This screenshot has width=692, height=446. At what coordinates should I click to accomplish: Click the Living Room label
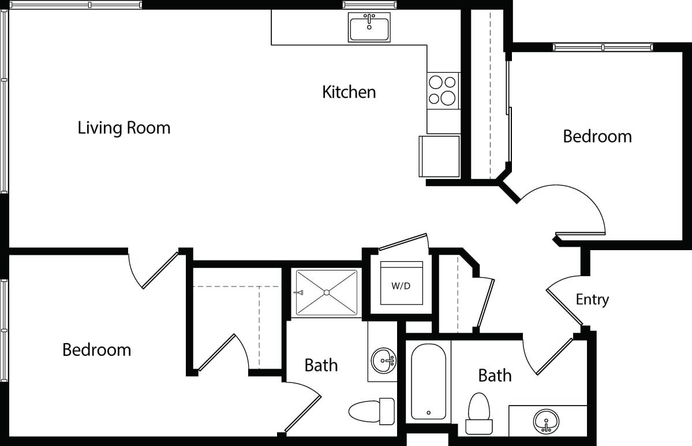pyautogui.click(x=124, y=128)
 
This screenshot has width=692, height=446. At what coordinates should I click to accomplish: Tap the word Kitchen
pyautogui.click(x=349, y=92)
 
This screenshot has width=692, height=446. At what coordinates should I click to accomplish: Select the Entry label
pyautogui.click(x=592, y=300)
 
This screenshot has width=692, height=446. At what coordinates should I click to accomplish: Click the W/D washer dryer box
pyautogui.click(x=401, y=285)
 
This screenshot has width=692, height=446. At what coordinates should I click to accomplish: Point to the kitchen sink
pyautogui.click(x=369, y=27)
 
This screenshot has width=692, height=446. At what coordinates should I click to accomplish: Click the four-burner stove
pyautogui.click(x=443, y=91)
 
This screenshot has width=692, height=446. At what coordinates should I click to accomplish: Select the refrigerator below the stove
pyautogui.click(x=439, y=157)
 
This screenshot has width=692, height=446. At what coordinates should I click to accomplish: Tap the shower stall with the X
pyautogui.click(x=326, y=293)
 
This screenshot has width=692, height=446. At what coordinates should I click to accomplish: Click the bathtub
pyautogui.click(x=428, y=381)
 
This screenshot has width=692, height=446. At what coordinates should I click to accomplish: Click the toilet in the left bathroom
pyautogui.click(x=371, y=411)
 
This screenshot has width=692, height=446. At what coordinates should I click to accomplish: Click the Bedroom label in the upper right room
pyautogui.click(x=597, y=136)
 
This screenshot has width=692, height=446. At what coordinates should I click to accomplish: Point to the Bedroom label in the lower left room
pyautogui.click(x=96, y=350)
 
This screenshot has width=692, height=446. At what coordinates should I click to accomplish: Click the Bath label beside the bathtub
pyautogui.click(x=495, y=376)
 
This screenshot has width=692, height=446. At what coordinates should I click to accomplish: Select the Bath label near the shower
pyautogui.click(x=321, y=365)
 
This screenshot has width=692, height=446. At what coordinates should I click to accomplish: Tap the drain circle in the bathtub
pyautogui.click(x=428, y=412)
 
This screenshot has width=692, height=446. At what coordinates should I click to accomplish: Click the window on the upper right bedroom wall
pyautogui.click(x=603, y=47)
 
